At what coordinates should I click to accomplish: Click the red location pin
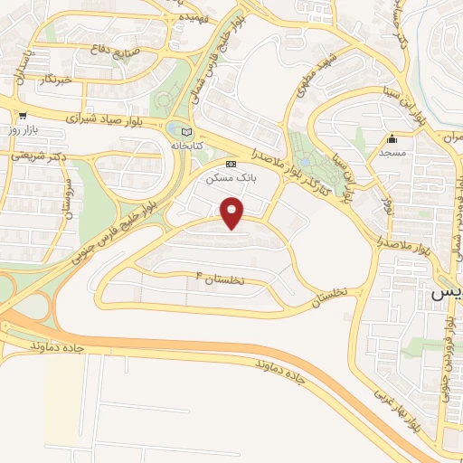click(232, 213)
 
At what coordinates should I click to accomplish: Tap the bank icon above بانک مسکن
click(231, 164)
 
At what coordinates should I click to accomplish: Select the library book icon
click(187, 130)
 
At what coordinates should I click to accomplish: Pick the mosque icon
click(392, 139)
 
